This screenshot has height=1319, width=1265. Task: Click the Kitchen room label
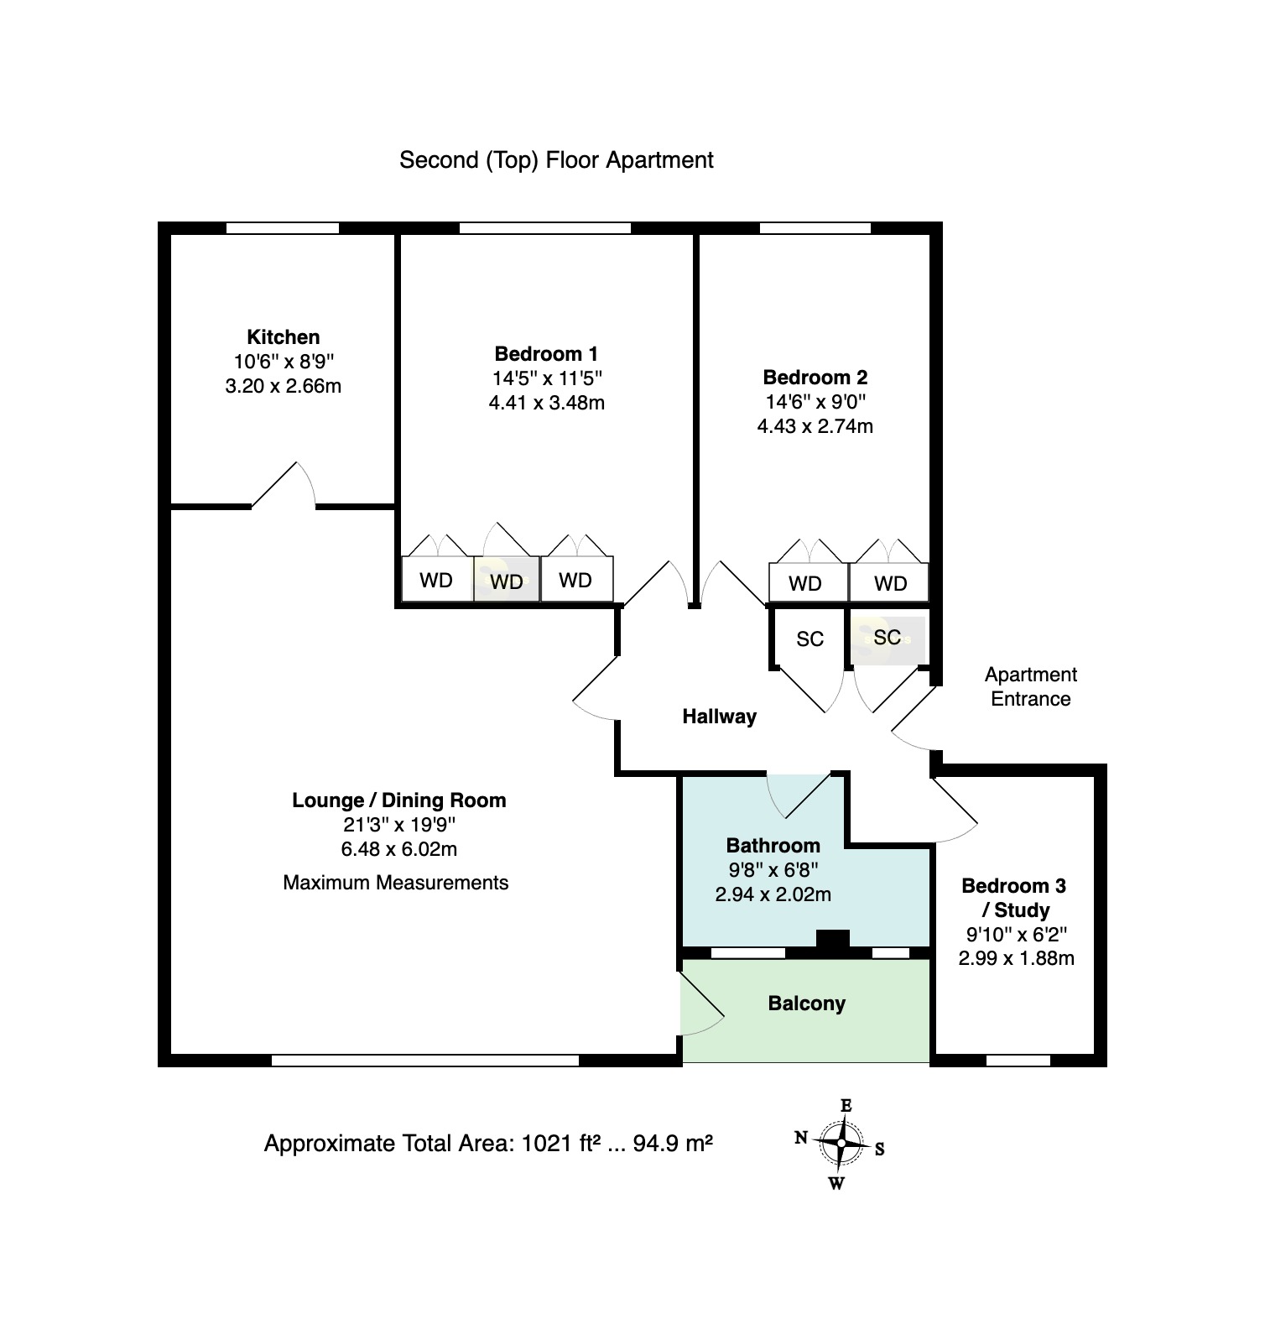click(283, 337)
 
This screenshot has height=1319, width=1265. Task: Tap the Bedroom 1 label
click(546, 353)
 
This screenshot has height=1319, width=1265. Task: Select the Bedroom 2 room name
click(815, 377)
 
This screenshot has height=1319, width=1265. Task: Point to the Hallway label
click(719, 717)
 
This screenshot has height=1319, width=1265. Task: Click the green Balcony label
click(806, 1004)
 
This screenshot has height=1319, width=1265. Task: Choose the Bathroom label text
click(773, 845)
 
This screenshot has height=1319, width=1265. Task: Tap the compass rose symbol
click(841, 1144)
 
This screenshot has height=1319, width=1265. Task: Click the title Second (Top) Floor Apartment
click(556, 160)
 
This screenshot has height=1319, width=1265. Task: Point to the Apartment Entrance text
click(1030, 686)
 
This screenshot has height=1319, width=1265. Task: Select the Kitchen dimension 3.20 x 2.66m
click(283, 387)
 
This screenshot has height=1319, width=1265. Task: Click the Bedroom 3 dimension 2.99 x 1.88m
click(1016, 958)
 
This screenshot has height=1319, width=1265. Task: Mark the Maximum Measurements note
click(395, 883)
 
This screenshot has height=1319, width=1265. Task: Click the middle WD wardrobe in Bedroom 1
click(506, 581)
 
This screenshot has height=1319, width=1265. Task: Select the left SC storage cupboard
click(809, 639)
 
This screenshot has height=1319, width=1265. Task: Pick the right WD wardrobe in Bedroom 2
click(890, 583)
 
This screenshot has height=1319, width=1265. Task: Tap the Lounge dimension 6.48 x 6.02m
click(398, 849)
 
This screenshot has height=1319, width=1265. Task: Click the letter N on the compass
click(801, 1138)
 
